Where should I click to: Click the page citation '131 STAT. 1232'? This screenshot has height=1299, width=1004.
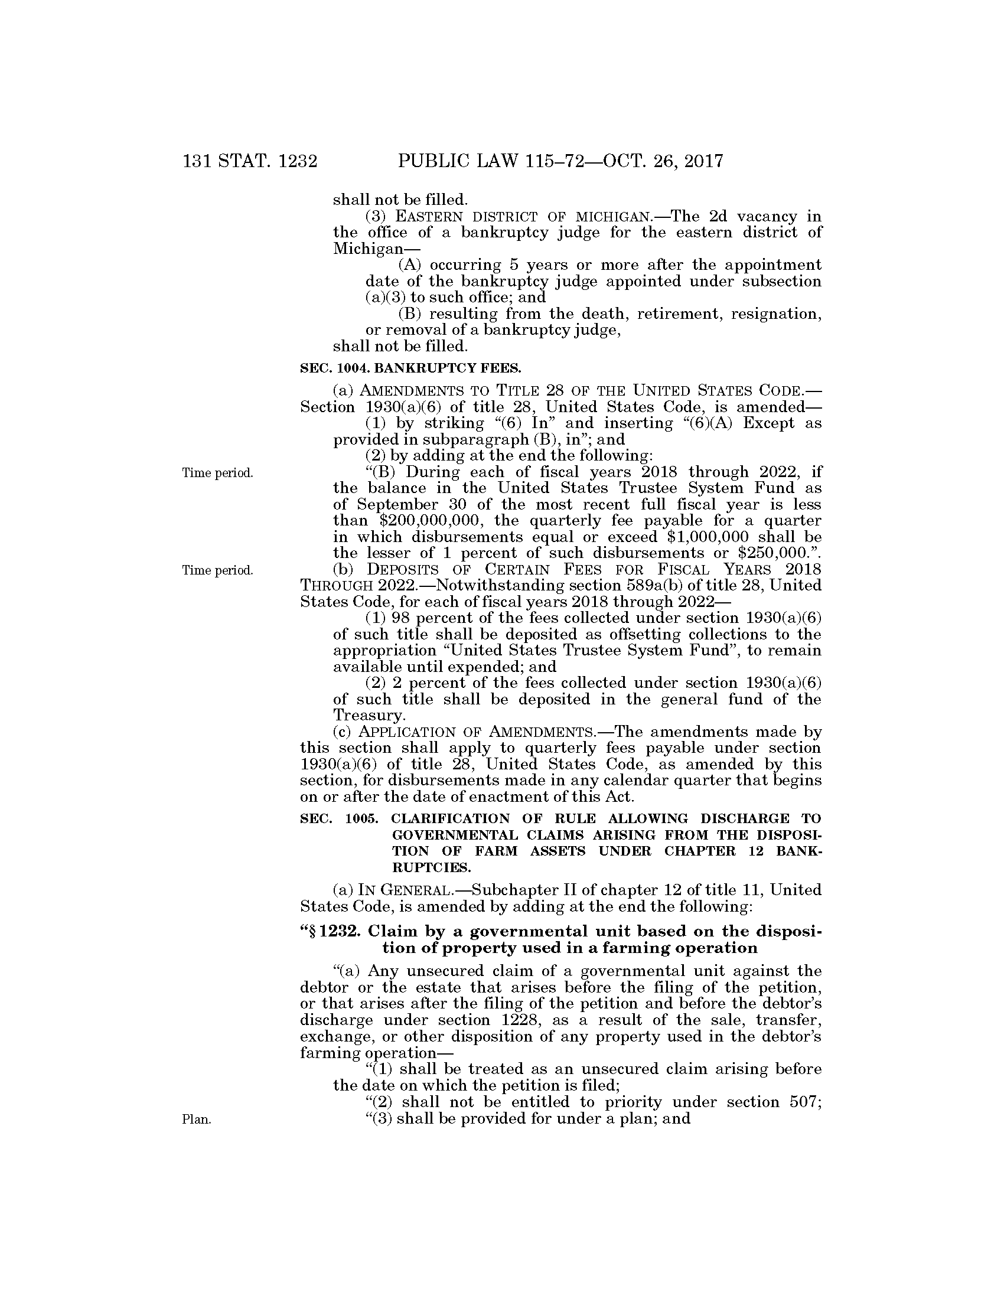(250, 161)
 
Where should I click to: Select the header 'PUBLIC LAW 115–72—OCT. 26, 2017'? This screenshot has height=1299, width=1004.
(560, 161)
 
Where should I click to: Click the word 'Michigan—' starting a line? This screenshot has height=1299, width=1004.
(363, 249)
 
